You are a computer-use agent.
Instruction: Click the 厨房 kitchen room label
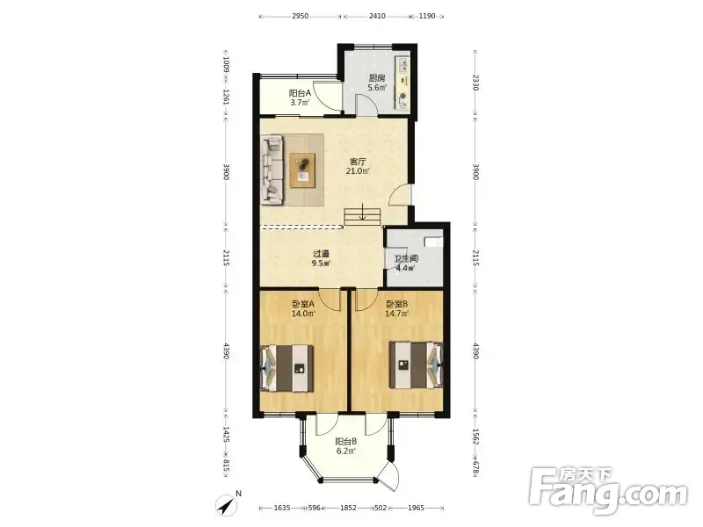tap(377, 78)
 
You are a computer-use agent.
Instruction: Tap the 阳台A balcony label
tap(300, 93)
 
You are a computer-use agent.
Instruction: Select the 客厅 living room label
tap(358, 162)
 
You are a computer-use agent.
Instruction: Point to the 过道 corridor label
tap(321, 254)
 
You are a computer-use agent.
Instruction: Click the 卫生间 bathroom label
tap(406, 259)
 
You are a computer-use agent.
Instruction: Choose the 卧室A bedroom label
tap(303, 304)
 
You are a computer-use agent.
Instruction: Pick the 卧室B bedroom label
tap(397, 304)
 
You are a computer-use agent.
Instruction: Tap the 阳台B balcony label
tap(346, 442)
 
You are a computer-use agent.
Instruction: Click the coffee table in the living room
tap(302, 170)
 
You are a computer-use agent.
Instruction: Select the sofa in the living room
tap(272, 170)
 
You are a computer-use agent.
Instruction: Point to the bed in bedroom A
tap(287, 368)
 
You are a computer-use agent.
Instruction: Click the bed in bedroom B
tap(416, 365)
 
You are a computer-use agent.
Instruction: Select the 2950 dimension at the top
tap(300, 16)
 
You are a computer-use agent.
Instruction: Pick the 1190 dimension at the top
tap(427, 16)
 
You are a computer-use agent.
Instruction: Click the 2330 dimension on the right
tap(475, 83)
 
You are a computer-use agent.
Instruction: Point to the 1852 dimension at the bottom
tap(348, 508)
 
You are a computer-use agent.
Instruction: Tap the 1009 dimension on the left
tap(227, 64)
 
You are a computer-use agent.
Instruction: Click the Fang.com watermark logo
tap(607, 491)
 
